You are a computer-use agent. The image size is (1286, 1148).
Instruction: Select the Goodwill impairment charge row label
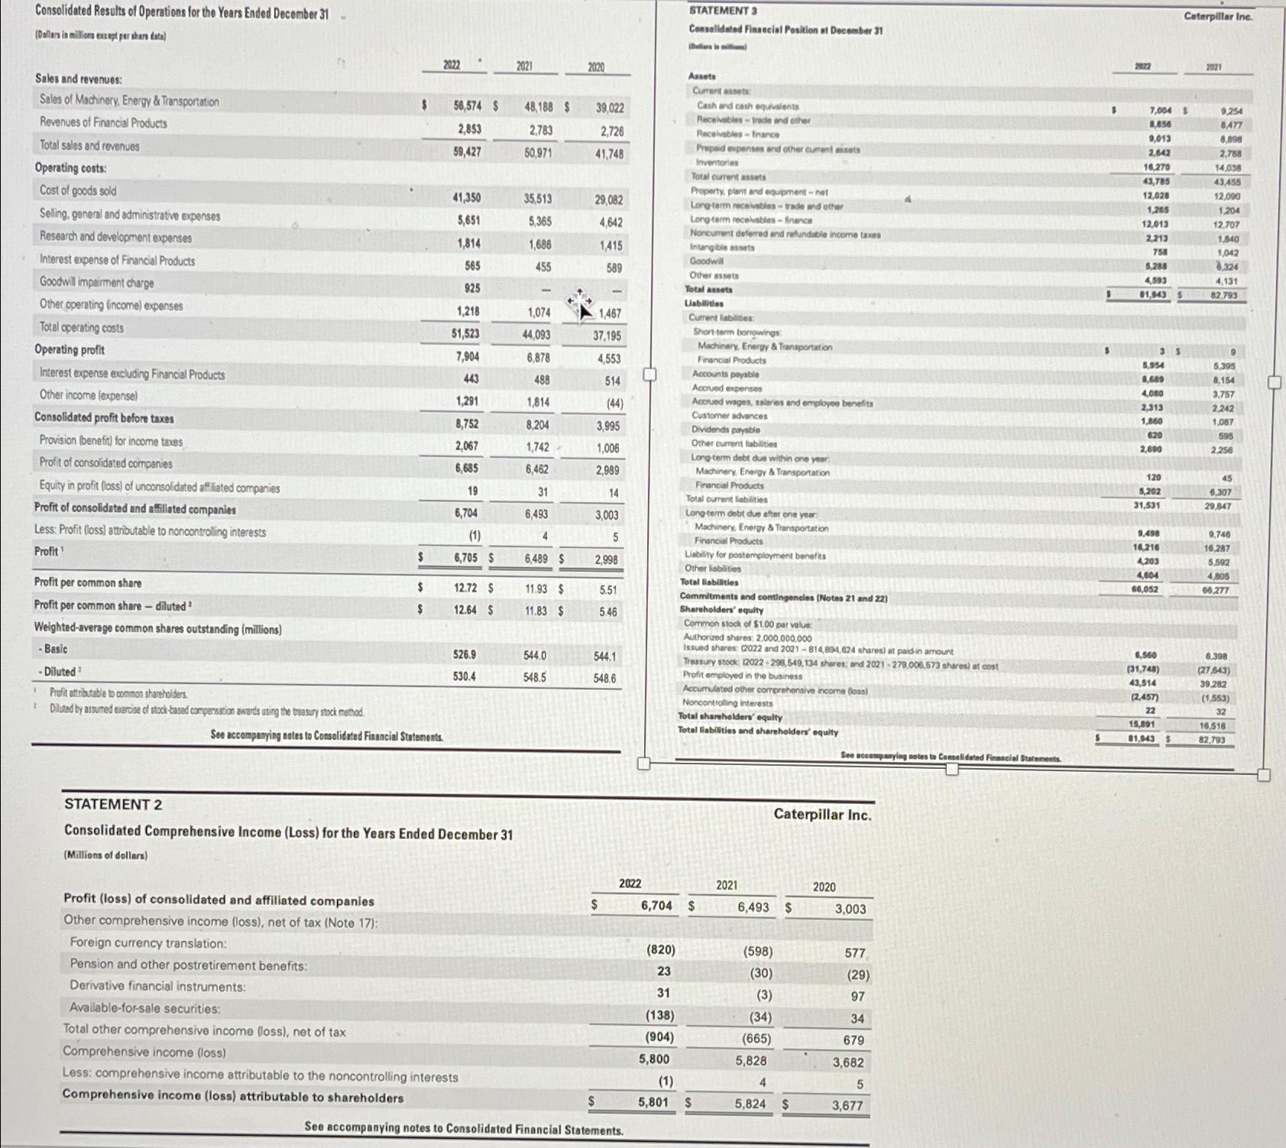96,283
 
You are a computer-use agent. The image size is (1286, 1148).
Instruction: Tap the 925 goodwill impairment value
471,288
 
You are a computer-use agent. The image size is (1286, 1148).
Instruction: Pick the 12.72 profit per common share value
465,588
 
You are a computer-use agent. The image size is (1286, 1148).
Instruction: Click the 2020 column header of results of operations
596,67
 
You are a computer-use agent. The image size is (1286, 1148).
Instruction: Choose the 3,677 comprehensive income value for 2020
847,1105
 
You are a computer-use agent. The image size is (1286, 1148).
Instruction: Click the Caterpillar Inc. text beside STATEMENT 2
822,815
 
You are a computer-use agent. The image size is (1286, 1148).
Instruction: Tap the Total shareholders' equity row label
730,717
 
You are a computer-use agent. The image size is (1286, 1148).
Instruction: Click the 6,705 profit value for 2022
465,558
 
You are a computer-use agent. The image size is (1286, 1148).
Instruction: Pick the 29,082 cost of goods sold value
609,200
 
